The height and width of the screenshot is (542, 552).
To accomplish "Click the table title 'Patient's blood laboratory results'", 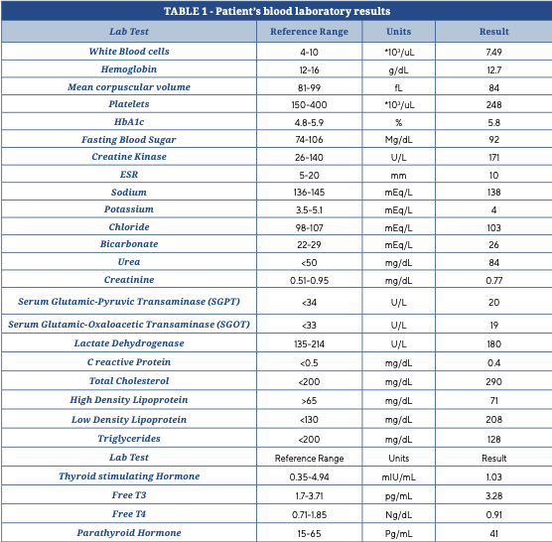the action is coord(303,11).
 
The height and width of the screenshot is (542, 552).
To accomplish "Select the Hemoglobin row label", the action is coord(129,69).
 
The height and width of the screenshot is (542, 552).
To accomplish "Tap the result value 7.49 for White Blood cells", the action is coord(493,52).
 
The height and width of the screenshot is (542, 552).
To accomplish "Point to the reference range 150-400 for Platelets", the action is coord(309,105).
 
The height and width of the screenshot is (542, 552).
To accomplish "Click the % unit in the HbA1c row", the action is coord(398,122).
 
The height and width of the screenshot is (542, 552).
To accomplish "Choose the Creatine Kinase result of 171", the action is coord(493,157).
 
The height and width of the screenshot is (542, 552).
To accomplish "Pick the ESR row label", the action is coord(129,175).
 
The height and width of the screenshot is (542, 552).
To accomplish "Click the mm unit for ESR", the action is coord(398,176).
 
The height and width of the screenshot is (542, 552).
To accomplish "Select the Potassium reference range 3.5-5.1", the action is coord(309,210).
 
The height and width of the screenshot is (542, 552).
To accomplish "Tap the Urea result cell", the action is coord(493,262).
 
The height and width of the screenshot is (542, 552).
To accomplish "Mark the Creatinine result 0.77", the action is coord(493,281).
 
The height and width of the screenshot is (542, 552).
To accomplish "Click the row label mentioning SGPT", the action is coord(129,302).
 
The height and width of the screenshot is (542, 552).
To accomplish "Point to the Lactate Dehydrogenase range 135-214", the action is coord(309,343).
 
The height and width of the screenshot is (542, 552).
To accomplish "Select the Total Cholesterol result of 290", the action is coord(493,382).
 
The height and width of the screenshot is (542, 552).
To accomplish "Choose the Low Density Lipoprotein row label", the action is coord(129,420).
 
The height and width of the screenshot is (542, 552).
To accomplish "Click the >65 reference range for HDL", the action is coord(309,400).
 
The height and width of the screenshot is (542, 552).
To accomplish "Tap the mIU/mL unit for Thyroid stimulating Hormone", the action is coord(398,477).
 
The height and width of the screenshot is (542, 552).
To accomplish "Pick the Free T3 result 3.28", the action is coord(493,496).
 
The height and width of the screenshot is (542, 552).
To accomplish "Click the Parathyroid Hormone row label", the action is coord(129,533).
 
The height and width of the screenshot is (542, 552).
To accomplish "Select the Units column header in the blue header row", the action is coord(398,32).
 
